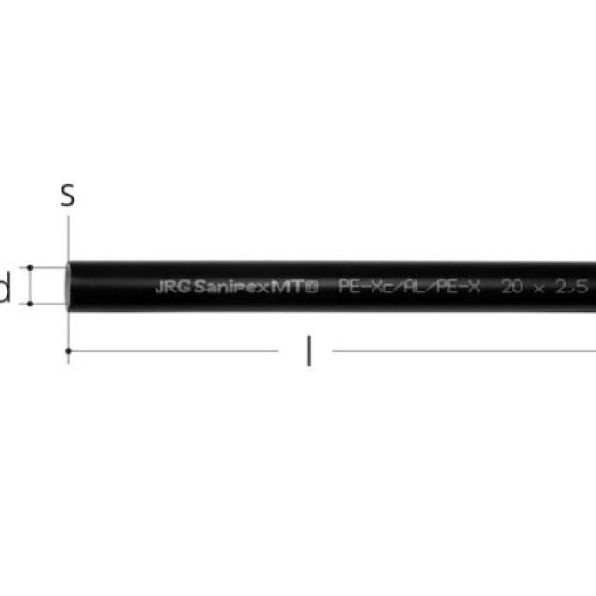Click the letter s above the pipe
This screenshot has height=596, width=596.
(x=67, y=196)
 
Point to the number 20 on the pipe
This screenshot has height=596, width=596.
(x=511, y=287)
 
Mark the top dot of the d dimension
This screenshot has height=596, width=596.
(x=31, y=267)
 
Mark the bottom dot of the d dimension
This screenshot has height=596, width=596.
(x=31, y=304)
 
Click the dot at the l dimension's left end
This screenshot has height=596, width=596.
(x=68, y=351)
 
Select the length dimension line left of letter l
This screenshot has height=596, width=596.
(x=177, y=351)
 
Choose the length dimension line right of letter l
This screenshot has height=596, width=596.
(x=466, y=351)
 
